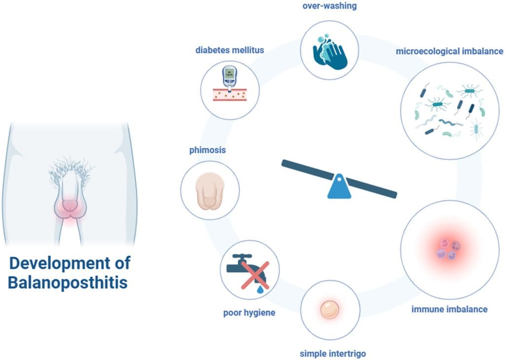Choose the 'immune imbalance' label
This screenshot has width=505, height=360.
[449, 309]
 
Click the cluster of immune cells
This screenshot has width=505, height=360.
[448, 249]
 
